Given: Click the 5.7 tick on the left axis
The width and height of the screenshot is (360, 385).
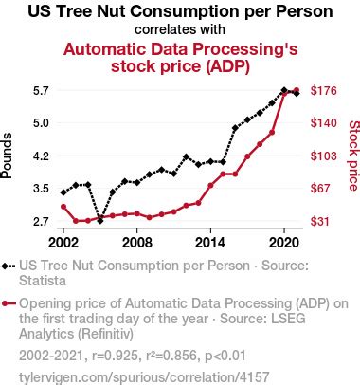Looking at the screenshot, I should (40, 91).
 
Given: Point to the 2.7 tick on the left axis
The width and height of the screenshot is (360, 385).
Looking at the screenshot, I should (40, 221).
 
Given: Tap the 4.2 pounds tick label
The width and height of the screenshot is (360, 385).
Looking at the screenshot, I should (40, 156).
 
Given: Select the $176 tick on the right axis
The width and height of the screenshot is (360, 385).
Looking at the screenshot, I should (324, 91).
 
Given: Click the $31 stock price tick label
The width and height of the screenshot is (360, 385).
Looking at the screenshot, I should (321, 221).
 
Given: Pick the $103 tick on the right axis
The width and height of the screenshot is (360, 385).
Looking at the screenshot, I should (324, 156).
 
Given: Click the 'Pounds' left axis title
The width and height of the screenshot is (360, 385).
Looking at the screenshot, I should (9, 156).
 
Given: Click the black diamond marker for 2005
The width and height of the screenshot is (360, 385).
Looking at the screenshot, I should (100, 220).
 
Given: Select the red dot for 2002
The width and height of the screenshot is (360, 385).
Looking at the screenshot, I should (63, 206).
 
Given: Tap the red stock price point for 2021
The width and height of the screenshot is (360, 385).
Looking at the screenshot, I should (297, 90).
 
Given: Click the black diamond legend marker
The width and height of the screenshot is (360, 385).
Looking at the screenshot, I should (8, 267).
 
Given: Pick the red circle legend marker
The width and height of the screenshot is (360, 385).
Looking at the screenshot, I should (8, 304).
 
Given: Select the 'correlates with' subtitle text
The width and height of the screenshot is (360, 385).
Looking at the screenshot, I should (179, 28).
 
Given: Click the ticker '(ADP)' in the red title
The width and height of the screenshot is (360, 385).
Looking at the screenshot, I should (225, 65).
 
